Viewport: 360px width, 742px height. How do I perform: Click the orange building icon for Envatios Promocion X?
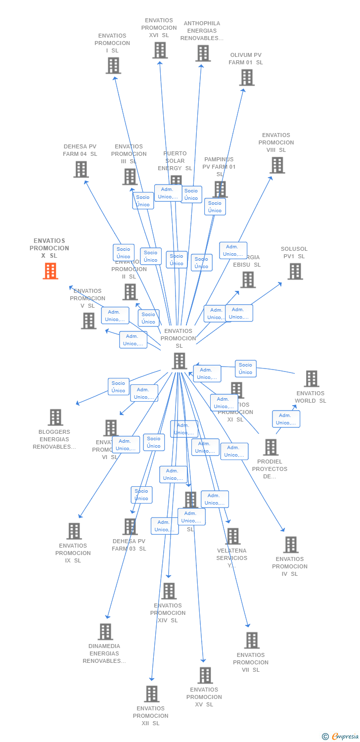coord(50,271)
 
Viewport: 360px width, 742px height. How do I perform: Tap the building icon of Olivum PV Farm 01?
coord(247,78)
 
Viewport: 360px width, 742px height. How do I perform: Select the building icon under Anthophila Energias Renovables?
coord(203,53)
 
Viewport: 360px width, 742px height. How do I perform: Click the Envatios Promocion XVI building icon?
coord(160,50)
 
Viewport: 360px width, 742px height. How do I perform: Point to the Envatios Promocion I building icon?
coord(113,65)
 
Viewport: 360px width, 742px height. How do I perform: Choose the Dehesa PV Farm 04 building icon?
coord(81,169)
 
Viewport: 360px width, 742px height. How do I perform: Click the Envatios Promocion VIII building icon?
coord(277,165)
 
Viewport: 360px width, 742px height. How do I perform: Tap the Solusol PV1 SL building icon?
coord(295,272)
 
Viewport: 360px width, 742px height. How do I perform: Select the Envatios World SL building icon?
coord(311,379)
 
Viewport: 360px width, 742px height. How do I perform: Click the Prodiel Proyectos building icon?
coord(270,447)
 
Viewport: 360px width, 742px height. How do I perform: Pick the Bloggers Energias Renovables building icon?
coord(55,417)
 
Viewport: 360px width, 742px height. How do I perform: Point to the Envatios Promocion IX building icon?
coord(74,531)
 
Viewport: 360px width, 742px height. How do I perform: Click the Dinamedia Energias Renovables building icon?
coord(105,632)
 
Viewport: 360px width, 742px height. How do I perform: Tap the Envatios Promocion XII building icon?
coord(152,694)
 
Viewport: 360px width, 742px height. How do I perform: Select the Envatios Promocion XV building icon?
coord(205,675)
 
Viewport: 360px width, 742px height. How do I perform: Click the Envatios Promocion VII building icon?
coord(252,641)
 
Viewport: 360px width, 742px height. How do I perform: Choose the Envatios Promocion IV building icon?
coord(291,545)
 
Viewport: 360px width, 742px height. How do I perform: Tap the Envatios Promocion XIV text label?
coord(168,613)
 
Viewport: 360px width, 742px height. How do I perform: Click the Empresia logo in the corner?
coord(341,736)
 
